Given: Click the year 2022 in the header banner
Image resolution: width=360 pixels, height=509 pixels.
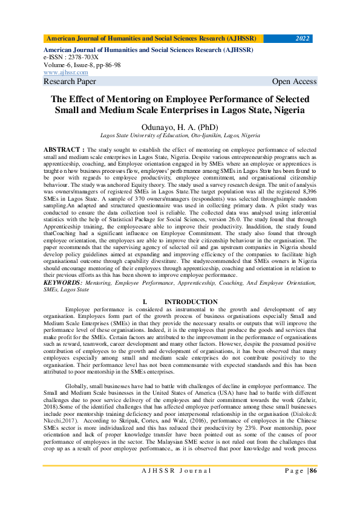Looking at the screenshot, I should pyautogui.click(x=302, y=39).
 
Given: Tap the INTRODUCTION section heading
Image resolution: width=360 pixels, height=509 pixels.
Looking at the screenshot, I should pyautogui.click(x=191, y=302).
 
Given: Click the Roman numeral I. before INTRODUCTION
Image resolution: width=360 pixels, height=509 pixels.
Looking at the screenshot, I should pyautogui.click(x=145, y=302).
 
